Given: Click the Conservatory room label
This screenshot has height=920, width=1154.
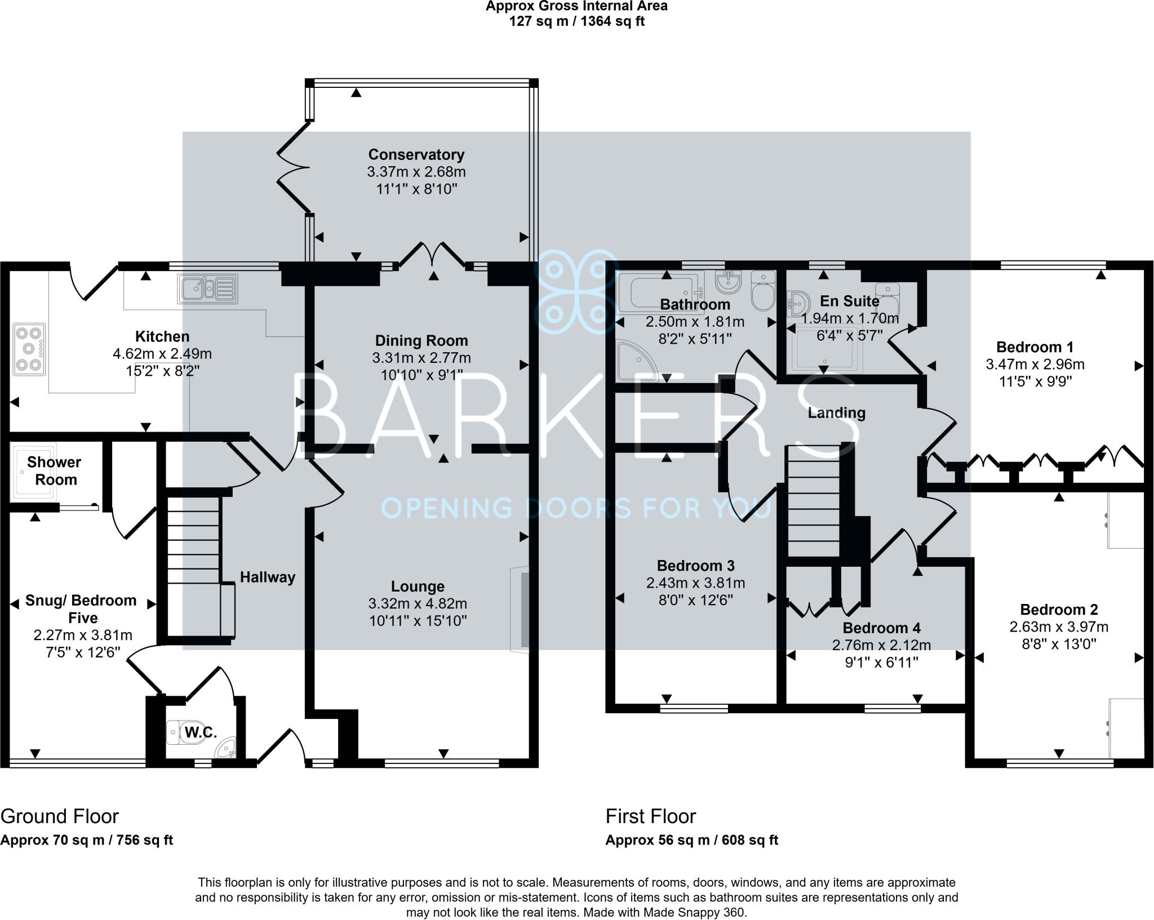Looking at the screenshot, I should (416, 154).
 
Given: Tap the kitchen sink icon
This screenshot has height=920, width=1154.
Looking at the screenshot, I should (207, 289).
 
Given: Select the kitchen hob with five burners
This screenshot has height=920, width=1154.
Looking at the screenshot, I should (29, 349).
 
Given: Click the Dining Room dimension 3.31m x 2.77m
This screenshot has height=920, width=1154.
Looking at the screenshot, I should (421, 358).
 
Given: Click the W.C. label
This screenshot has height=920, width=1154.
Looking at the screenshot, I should (201, 732).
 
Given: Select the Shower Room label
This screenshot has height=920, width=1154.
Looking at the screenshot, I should (54, 471).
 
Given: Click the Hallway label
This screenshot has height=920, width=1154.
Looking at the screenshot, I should (268, 577).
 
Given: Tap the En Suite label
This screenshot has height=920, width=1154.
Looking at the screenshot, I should (849, 301).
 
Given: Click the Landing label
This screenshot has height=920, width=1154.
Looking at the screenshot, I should (836, 413).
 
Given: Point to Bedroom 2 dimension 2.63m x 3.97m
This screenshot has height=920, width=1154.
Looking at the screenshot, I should (1059, 626).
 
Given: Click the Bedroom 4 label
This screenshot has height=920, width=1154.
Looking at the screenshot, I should (881, 628).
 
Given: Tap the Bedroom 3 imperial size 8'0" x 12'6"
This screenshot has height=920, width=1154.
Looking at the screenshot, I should (695, 601).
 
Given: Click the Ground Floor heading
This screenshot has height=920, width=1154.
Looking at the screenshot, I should (60, 816).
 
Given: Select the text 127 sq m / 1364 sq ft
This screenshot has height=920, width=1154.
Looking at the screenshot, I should (576, 21).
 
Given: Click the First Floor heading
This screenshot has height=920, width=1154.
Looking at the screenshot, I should (651, 816).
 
